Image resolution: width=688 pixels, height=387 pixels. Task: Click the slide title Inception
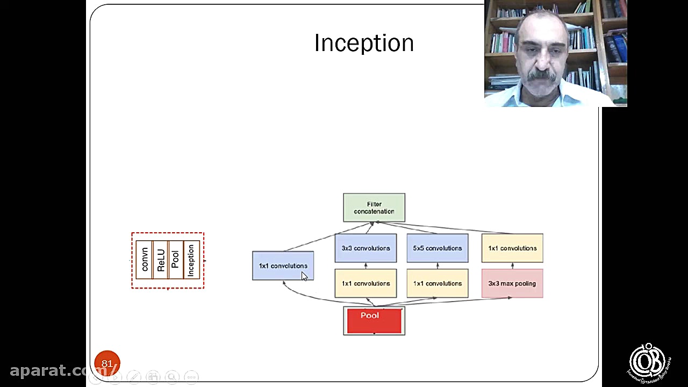point(364,44)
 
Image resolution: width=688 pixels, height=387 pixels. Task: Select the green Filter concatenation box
point(374,207)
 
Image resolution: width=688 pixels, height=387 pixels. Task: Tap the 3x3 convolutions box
point(365,248)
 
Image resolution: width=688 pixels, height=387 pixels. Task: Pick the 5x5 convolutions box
point(438,248)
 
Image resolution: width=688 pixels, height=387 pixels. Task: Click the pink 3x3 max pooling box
point(512,284)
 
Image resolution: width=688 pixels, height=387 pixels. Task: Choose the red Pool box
point(374,320)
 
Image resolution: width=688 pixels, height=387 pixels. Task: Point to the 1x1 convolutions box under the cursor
point(283,266)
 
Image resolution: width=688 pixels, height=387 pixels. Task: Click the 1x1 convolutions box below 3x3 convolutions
point(365,284)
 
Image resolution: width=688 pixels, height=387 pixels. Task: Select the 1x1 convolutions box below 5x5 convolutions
point(438,284)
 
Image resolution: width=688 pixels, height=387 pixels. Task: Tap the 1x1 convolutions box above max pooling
point(512,248)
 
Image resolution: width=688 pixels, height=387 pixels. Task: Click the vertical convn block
point(144,260)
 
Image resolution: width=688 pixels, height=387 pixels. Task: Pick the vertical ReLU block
point(161,260)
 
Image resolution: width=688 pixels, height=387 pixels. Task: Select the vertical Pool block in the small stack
point(175,260)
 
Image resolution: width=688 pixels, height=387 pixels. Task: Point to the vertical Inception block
point(191,260)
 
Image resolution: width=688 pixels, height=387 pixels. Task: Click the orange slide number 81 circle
point(107,363)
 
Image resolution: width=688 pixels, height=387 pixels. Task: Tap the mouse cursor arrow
point(304,276)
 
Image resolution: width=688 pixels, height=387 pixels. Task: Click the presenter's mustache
point(541,77)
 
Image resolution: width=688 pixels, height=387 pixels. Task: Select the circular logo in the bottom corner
point(648,362)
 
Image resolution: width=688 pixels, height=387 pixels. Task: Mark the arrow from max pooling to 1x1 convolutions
point(512,266)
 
